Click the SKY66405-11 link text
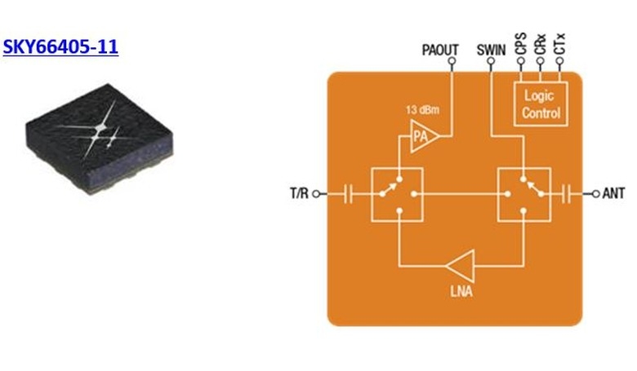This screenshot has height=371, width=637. (60, 46)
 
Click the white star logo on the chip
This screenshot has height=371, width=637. (102, 130)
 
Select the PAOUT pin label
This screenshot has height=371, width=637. (440, 50)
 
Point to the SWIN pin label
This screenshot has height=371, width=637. (492, 50)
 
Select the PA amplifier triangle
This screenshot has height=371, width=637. (423, 138)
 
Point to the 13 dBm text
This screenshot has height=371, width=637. (421, 109)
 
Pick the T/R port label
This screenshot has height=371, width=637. (299, 194)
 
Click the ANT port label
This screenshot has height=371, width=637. (614, 194)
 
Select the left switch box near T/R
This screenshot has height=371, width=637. (398, 194)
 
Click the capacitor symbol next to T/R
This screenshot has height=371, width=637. (349, 194)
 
